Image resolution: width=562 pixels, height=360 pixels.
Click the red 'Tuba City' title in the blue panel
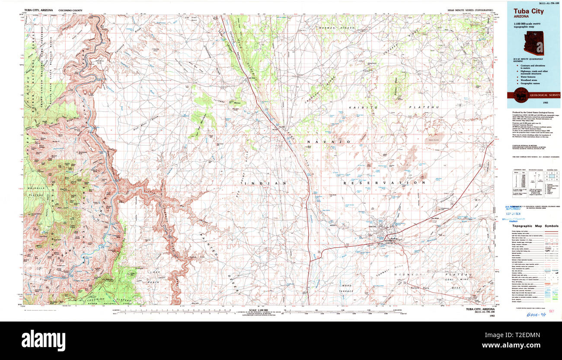(x=528, y=11)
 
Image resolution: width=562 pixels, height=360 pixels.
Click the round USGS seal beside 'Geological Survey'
(x=520, y=95)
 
